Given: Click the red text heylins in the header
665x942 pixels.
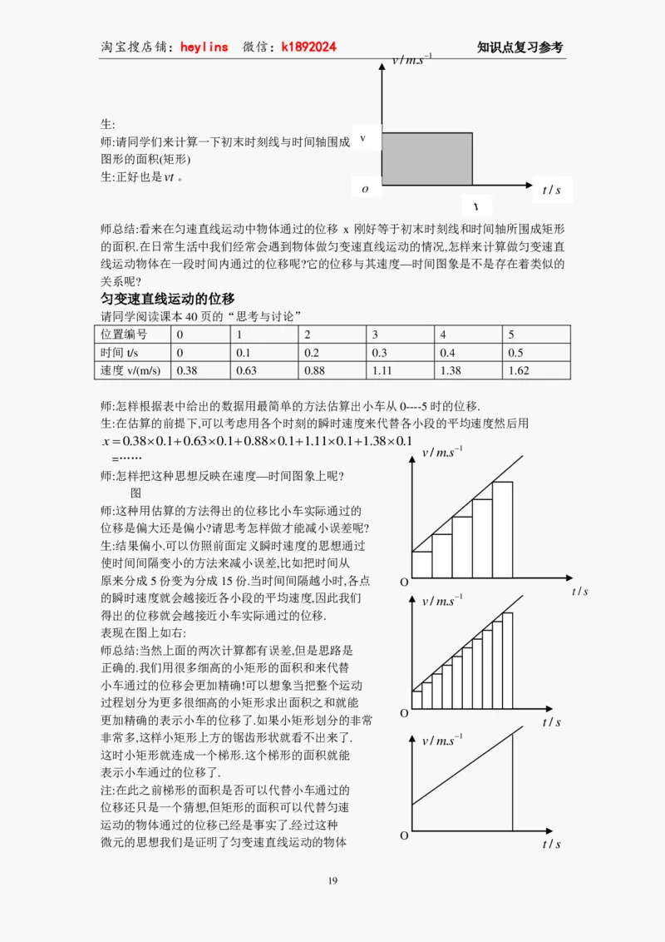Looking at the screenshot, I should (204, 47).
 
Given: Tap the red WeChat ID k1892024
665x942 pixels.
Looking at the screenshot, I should (309, 47).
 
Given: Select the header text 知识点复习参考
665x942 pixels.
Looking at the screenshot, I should (520, 47).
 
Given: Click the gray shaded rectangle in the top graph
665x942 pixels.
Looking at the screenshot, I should (427, 159).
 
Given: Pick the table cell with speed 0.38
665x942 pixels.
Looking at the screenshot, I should (188, 370).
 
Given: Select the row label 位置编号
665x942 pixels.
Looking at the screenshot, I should (124, 334).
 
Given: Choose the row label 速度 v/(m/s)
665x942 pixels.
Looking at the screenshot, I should (130, 370).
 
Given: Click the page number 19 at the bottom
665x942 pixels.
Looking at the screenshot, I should (332, 882).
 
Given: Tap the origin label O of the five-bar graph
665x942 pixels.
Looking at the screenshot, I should (404, 583).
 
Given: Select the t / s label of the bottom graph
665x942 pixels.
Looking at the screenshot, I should (552, 843).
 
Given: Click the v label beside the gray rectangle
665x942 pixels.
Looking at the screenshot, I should (362, 138).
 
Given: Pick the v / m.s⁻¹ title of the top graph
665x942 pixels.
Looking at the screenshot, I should (411, 60).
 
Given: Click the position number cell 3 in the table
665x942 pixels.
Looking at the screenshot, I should (375, 334).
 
